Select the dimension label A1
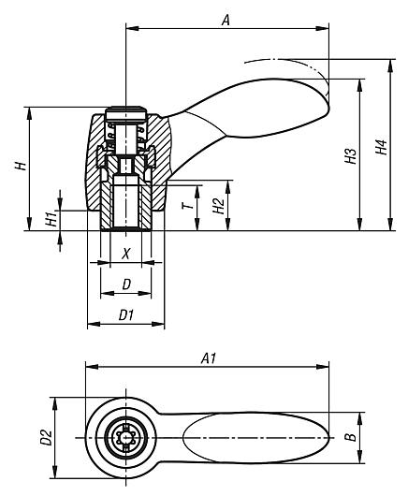[209, 357]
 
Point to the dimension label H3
[349, 155]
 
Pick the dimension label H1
[51, 217]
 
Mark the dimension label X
[126, 254]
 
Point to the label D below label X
[126, 284]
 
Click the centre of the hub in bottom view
[125, 436]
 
